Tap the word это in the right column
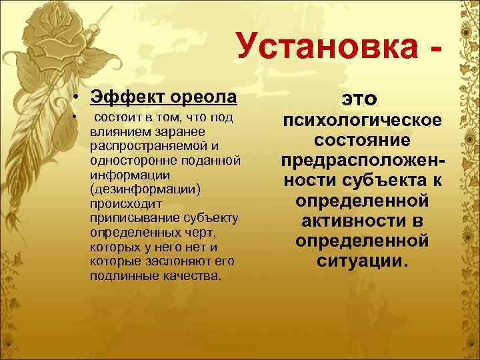[x=360, y=99]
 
